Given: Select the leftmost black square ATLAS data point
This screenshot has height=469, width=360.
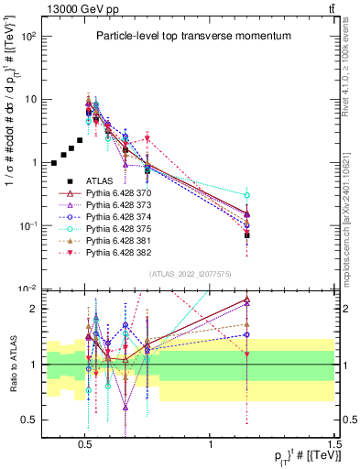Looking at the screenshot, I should [54, 163].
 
